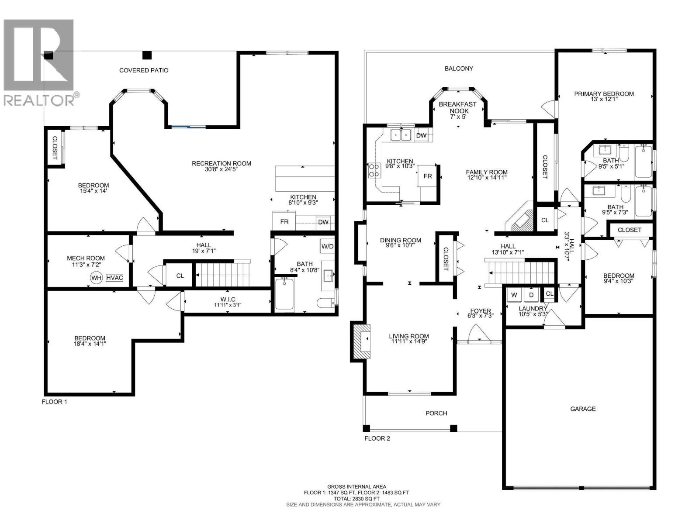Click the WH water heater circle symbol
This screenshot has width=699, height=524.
[96, 278]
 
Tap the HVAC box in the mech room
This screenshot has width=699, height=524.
[114, 278]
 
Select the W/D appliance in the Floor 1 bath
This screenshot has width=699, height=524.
[327, 246]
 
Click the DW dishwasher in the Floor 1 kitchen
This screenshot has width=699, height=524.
[323, 222]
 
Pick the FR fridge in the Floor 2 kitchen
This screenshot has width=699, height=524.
[427, 176]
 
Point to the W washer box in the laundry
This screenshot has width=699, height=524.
[514, 295]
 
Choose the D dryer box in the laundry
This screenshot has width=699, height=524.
[531, 295]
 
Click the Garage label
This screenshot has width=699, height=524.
[583, 409]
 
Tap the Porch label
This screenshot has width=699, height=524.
[436, 413]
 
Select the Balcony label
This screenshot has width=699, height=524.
[459, 69]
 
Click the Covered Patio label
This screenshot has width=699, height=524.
[144, 70]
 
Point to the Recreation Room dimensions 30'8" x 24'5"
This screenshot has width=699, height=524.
[221, 169]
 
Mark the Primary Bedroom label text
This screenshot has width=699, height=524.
[604, 94]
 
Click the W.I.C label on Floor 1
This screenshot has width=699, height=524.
[228, 300]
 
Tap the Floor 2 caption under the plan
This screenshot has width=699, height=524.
[377, 438]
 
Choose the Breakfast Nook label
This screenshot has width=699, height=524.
[457, 107]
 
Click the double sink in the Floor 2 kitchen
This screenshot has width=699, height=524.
[401, 135]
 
